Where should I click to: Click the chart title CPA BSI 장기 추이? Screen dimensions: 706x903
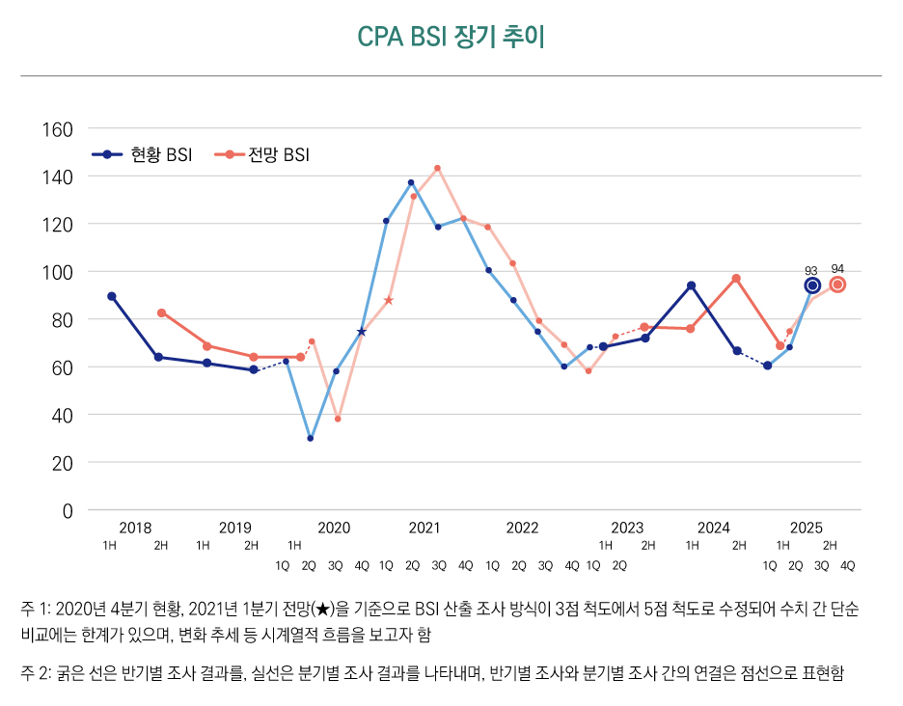pos(451,37)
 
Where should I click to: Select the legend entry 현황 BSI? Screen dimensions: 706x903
pos(144,154)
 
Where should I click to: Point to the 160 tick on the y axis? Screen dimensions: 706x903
pos(61,129)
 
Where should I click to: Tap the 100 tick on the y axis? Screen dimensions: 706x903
pos(61,272)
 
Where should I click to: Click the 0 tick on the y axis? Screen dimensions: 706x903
pos(68,510)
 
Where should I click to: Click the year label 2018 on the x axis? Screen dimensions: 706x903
pos(135,528)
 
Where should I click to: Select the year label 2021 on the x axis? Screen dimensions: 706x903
pos(424,528)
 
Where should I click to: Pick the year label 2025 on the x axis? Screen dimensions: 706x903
pos(807,528)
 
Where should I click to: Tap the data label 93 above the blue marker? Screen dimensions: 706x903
pos(811,271)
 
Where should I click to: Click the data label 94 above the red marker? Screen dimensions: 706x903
pos(837,269)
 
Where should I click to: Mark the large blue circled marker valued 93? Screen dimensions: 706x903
pos(812,285)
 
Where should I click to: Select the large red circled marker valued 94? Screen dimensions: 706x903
pos(837,285)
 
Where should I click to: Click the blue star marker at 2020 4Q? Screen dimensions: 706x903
pos(362,332)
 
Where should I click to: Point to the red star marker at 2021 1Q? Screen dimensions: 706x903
pos(389,301)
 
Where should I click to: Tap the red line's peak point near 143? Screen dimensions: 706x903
pos(437,169)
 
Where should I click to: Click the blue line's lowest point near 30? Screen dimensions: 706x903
pos(310,438)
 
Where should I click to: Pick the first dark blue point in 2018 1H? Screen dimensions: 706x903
pos(112,296)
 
